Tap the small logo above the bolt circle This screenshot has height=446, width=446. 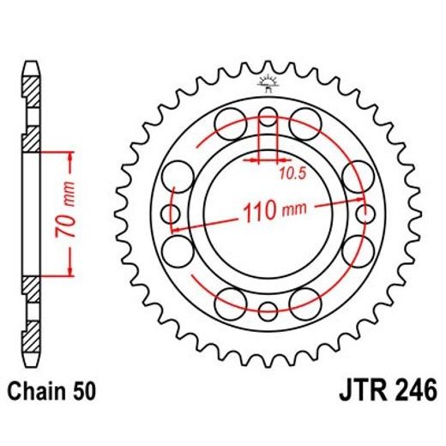coord(268,83)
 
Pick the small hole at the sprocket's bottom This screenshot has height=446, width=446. coord(268,310)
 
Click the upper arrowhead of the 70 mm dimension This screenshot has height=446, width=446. coord(64,154)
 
